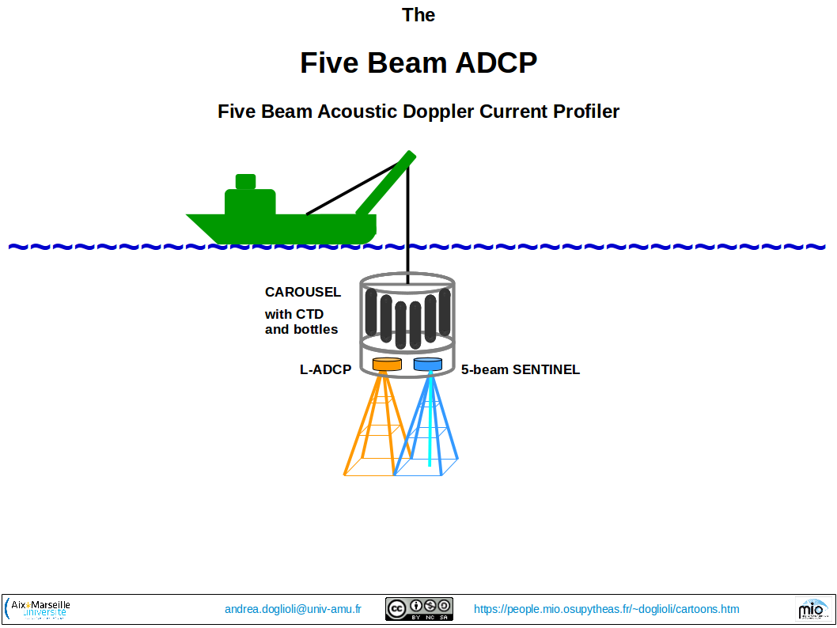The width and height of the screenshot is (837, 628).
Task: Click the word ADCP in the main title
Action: pyautogui.click(x=492, y=62)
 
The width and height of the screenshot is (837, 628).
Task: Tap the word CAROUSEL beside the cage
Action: pyautogui.click(x=303, y=292)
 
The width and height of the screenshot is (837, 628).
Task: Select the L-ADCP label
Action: pyautogui.click(x=325, y=369)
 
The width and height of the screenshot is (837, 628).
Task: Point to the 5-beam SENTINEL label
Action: pyautogui.click(x=521, y=369)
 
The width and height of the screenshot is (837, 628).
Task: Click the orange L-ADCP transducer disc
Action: pyautogui.click(x=387, y=364)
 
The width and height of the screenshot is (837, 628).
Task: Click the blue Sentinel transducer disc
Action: pyautogui.click(x=427, y=364)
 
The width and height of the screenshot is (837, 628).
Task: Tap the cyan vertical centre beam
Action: pyautogui.click(x=430, y=427)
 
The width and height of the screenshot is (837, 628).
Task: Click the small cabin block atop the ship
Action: pyautogui.click(x=245, y=181)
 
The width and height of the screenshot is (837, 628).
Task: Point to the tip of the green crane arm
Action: pyautogui.click(x=410, y=155)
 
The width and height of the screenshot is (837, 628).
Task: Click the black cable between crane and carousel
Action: pyautogui.click(x=408, y=229)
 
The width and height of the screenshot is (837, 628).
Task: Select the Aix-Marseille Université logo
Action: pyautogui.click(x=38, y=608)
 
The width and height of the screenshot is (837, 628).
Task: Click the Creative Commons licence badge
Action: pyautogui.click(x=418, y=608)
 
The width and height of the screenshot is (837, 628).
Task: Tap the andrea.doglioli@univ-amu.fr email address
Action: pyautogui.click(x=293, y=609)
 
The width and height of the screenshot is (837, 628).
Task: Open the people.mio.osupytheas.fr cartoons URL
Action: pyautogui.click(x=606, y=609)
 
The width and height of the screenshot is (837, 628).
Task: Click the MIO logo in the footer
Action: pyautogui.click(x=812, y=608)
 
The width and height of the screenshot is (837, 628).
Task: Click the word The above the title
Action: pyautogui.click(x=418, y=15)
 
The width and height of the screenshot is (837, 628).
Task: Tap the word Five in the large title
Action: pyautogui.click(x=328, y=62)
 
